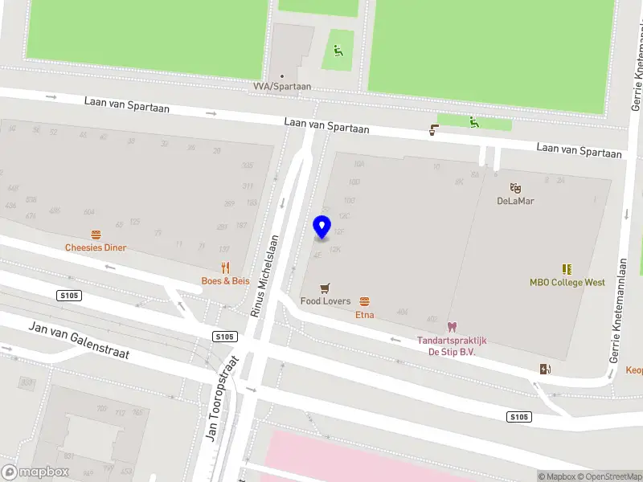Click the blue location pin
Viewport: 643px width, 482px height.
pyautogui.click(x=322, y=227)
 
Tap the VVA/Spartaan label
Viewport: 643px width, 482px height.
pyautogui.click(x=281, y=87)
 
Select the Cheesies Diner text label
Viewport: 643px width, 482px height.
pyautogui.click(x=96, y=247)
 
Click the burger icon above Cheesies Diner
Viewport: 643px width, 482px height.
pyautogui.click(x=96, y=235)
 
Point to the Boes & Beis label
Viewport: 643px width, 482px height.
pyautogui.click(x=225, y=281)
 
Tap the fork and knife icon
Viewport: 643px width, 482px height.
pyautogui.click(x=226, y=268)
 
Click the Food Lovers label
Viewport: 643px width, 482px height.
pyautogui.click(x=326, y=301)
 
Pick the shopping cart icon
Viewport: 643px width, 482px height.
pyautogui.click(x=325, y=288)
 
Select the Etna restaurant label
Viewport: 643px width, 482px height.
pyautogui.click(x=364, y=315)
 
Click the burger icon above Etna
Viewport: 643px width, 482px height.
pyautogui.click(x=365, y=301)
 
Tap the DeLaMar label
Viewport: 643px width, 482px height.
pyautogui.click(x=515, y=201)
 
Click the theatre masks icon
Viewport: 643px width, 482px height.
pyautogui.click(x=515, y=188)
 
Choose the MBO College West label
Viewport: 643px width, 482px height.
pyautogui.click(x=567, y=283)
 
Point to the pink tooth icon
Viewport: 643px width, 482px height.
pyautogui.click(x=451, y=327)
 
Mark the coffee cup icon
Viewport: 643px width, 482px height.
pyautogui.click(x=434, y=130)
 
